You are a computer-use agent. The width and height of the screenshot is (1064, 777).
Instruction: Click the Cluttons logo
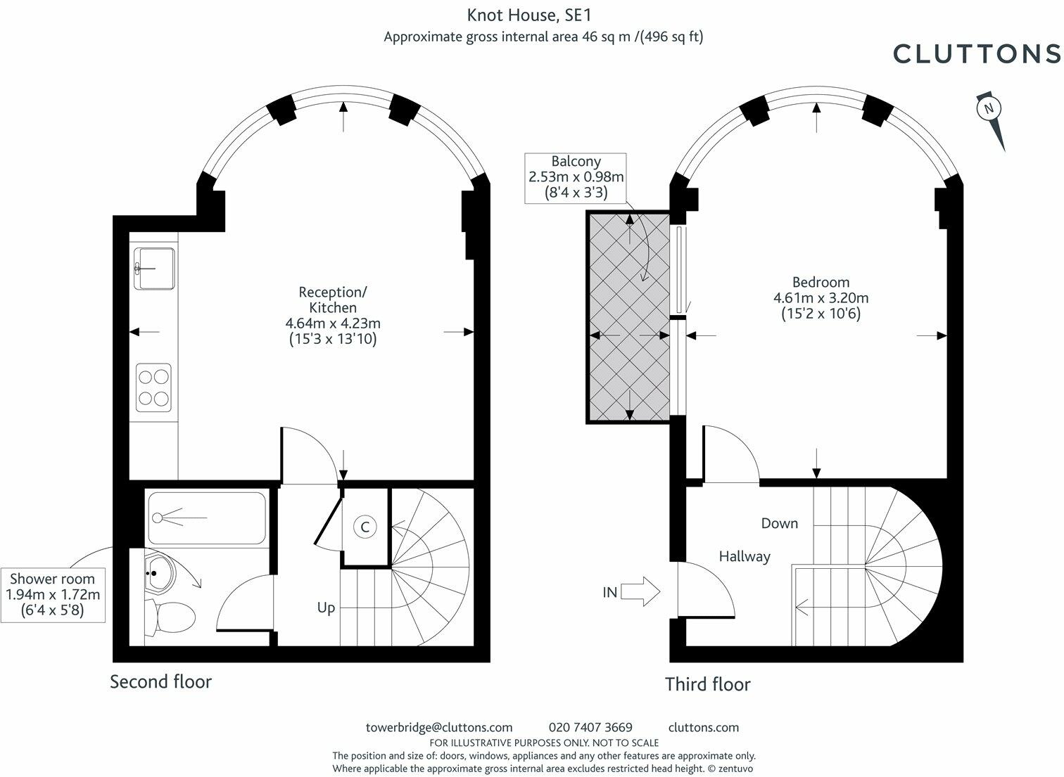(976, 53)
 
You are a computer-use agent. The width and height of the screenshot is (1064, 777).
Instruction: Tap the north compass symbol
(989, 108)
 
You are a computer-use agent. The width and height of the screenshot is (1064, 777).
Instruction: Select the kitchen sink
(155, 268)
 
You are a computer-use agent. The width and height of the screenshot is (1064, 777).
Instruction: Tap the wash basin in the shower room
(160, 573)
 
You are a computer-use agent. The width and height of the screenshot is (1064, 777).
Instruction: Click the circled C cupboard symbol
(365, 527)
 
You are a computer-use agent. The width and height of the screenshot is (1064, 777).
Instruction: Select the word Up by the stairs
(326, 608)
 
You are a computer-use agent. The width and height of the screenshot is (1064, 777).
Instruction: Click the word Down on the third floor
(779, 523)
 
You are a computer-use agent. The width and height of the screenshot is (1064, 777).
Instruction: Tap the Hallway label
(744, 556)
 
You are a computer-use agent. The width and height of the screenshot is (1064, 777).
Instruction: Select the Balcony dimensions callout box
(576, 177)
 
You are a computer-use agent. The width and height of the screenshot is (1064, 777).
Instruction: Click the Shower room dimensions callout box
(53, 594)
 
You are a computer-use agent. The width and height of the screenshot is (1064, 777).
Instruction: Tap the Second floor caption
(160, 681)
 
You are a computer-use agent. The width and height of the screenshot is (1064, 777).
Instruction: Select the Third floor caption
(708, 684)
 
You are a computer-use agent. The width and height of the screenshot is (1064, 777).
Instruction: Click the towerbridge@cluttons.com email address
(439, 727)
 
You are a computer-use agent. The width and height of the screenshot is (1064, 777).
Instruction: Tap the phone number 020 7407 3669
(590, 727)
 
